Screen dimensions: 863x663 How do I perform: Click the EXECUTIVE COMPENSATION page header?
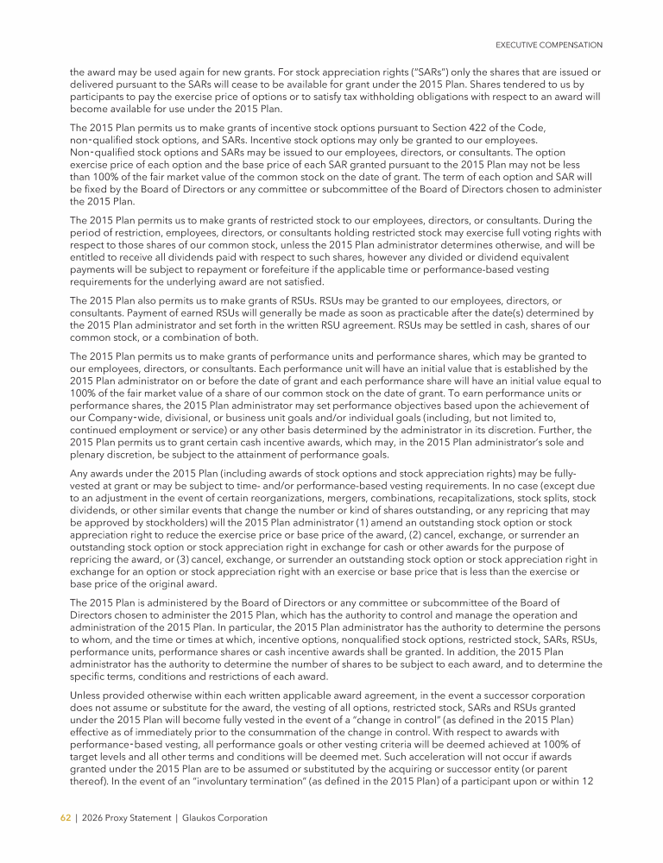pyautogui.click(x=549, y=44)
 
